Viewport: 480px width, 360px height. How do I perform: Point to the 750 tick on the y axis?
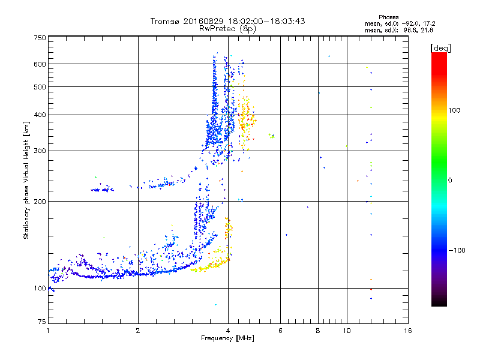(40, 38)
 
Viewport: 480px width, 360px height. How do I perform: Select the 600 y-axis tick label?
(40, 64)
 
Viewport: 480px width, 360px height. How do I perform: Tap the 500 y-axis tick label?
(40, 87)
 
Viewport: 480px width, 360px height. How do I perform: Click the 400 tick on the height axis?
(40, 115)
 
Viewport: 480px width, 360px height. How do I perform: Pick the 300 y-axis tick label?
(40, 151)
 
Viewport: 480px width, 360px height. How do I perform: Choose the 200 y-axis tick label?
(40, 202)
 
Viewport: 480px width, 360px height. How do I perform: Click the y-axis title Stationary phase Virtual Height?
(26, 181)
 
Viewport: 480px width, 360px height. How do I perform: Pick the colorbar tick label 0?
(450, 180)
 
